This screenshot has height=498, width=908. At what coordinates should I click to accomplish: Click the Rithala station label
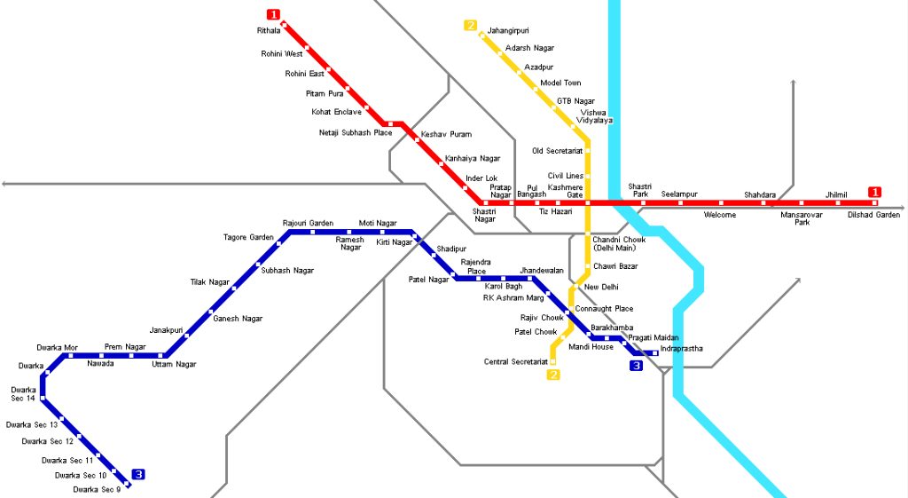click(268, 30)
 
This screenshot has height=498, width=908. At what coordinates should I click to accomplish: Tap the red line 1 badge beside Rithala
click(273, 14)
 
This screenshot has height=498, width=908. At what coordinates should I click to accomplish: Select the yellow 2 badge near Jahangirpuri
click(470, 25)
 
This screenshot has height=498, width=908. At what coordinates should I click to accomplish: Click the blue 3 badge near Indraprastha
click(636, 365)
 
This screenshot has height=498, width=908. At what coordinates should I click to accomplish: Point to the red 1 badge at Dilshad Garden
click(874, 192)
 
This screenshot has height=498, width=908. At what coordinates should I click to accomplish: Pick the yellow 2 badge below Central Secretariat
click(553, 375)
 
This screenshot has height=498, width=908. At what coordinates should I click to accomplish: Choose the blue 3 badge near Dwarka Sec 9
click(137, 474)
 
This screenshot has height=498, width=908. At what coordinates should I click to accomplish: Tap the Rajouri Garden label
click(308, 223)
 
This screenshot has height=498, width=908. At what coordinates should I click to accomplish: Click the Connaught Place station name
click(604, 309)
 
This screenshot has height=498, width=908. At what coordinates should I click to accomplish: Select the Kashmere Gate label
click(565, 191)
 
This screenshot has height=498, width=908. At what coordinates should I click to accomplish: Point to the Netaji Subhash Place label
click(355, 132)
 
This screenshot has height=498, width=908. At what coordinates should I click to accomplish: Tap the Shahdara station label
click(760, 194)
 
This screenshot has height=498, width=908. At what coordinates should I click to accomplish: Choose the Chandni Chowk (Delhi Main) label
click(619, 243)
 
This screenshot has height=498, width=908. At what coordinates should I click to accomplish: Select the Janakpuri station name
click(166, 329)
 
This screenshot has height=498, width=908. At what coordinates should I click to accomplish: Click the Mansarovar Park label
click(802, 218)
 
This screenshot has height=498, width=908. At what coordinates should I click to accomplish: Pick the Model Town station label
click(560, 83)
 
